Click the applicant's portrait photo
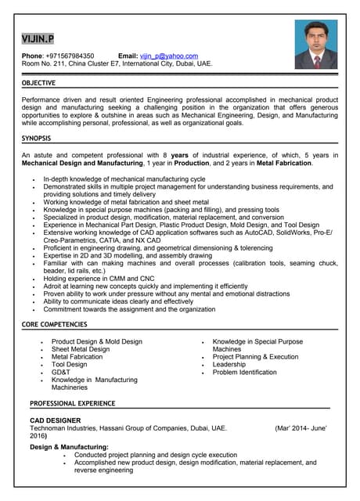(316, 45)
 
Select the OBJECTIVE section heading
(38, 83)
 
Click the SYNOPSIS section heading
(36, 139)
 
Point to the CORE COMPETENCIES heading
(54, 324)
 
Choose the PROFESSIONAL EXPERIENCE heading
(73, 403)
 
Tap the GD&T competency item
(60, 373)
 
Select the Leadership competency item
(229, 365)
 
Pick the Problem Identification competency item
(244, 373)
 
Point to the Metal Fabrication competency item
(77, 357)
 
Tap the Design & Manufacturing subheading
(69, 446)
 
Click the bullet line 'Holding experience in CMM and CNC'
(99, 278)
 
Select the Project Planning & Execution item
(255, 357)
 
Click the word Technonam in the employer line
(51, 429)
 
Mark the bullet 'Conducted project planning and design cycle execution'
(155, 454)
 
